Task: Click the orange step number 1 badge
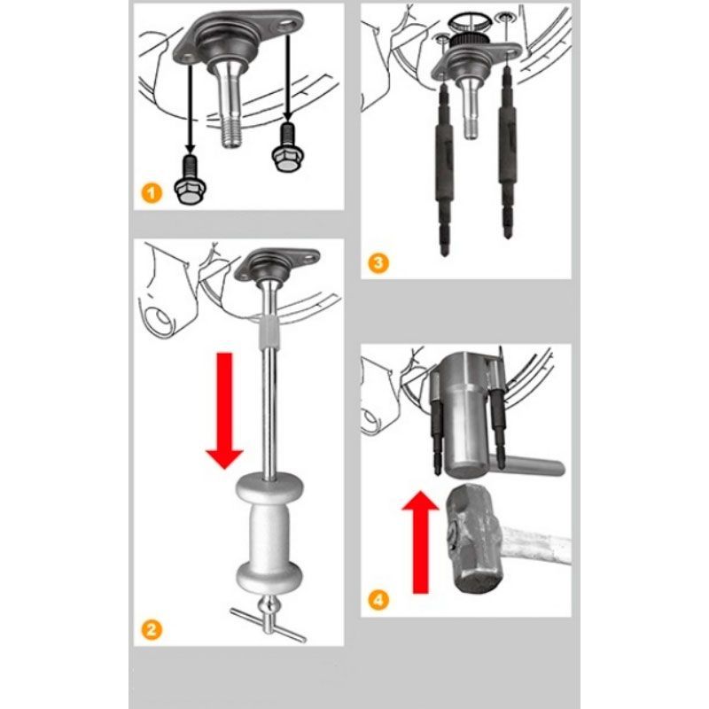151,193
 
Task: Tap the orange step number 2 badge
151,630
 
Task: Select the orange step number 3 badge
378,263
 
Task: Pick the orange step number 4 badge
378,601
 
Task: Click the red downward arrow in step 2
225,410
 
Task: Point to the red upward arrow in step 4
420,542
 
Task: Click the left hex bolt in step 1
190,180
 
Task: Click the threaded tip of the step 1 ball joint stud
231,136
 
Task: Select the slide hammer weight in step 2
269,534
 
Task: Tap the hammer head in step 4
474,538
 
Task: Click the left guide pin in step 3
444,170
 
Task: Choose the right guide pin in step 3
507,152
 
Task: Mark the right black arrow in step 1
286,78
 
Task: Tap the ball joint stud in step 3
471,107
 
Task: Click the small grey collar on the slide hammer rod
270,332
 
